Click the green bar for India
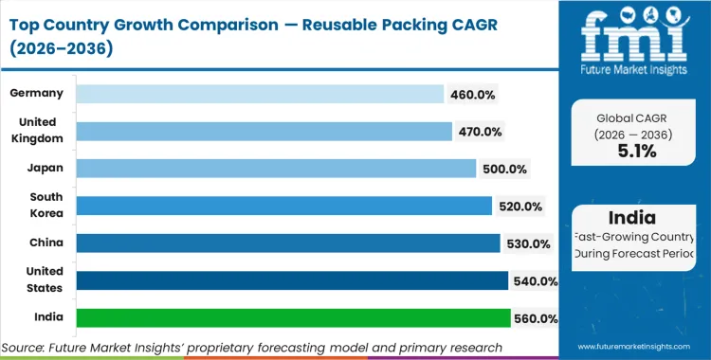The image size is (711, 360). coord(293,318)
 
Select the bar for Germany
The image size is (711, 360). coord(259,94)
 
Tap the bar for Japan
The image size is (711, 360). coord(275,169)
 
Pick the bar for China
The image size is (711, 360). coord(287,243)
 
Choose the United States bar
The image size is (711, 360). coord(291,280)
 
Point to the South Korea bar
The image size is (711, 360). coord(283,206)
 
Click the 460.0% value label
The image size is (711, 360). coord(471,94)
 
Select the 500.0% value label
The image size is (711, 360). coord(503,169)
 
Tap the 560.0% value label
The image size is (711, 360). coord(536,318)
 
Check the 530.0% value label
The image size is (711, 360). coord(528,243)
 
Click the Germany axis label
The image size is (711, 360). coord(37,93)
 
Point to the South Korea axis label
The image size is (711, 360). coord(45,205)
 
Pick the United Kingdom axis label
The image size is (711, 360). coord(37,130)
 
